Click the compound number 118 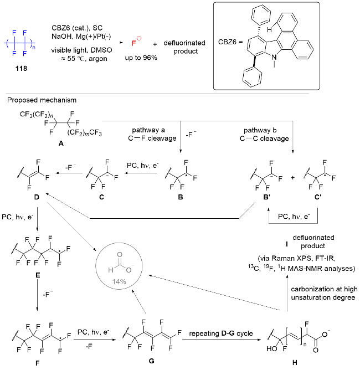tap(21, 69)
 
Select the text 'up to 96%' tap(141, 58)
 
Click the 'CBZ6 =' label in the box tap(230, 42)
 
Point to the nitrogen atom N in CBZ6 tap(274, 58)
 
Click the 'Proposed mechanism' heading tap(42, 100)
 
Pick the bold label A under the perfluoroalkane tap(61, 143)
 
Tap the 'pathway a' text tap(148, 130)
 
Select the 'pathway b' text tap(260, 130)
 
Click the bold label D tap(37, 197)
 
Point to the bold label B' tap(267, 197)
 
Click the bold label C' tap(318, 197)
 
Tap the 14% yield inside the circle tap(119, 281)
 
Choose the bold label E tap(38, 275)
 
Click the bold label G tap(151, 361)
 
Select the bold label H tap(295, 362)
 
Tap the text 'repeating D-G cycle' tap(221, 333)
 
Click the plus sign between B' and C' tap(293, 178)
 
